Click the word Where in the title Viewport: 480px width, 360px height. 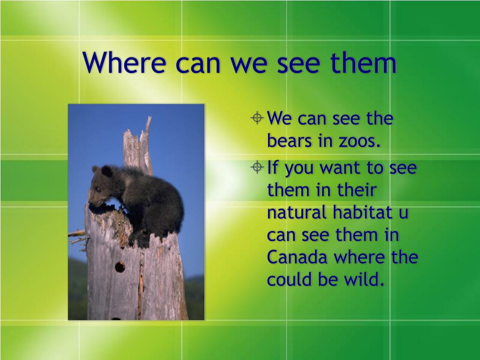124,62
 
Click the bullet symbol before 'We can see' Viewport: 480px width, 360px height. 257,118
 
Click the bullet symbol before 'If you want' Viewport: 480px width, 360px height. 257,167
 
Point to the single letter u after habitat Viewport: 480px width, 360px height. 404,214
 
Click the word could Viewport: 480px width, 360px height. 290,279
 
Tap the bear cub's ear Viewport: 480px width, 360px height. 107,171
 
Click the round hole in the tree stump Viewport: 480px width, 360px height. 120,267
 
